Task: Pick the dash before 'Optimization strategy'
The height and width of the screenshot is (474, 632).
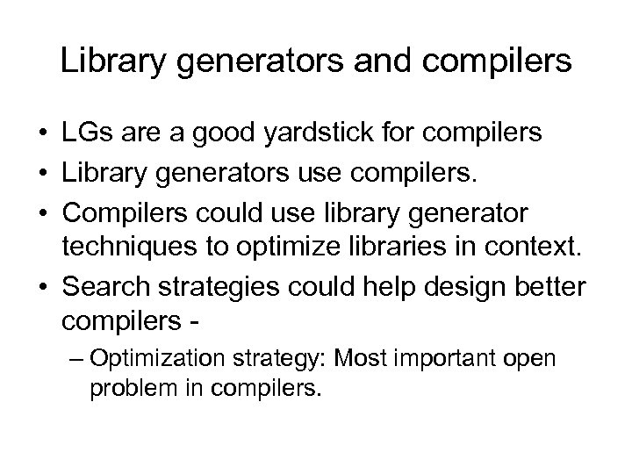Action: [x=75, y=359]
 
